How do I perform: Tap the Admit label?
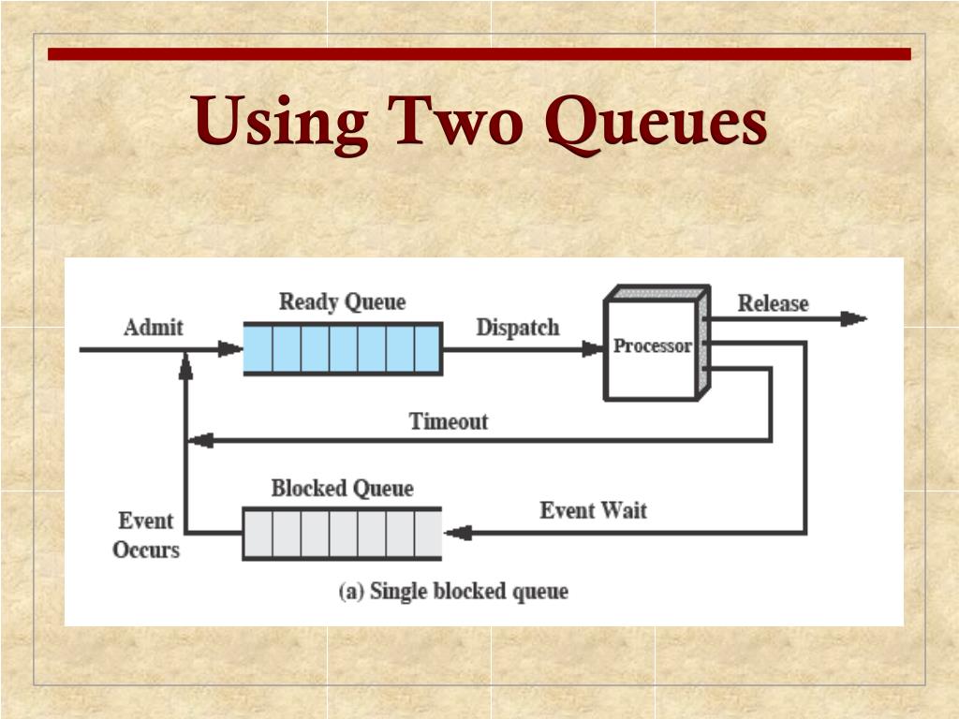pos(154,328)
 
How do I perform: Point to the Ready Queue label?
pos(342,302)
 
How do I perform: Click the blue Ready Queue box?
pos(342,348)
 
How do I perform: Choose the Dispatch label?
pos(517,328)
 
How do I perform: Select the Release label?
pos(773,303)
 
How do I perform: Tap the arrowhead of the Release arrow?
pos(852,319)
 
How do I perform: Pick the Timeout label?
pos(449,421)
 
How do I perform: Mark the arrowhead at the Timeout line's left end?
pos(199,440)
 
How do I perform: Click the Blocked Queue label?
pos(342,489)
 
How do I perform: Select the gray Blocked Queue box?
pos(342,533)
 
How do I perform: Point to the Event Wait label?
pos(593,510)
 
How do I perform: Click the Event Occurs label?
pos(145,535)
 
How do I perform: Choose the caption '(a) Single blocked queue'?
pos(453,592)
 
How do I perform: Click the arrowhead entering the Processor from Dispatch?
pos(593,349)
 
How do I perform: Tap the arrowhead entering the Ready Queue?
pos(230,349)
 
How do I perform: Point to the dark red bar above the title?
pos(479,54)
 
